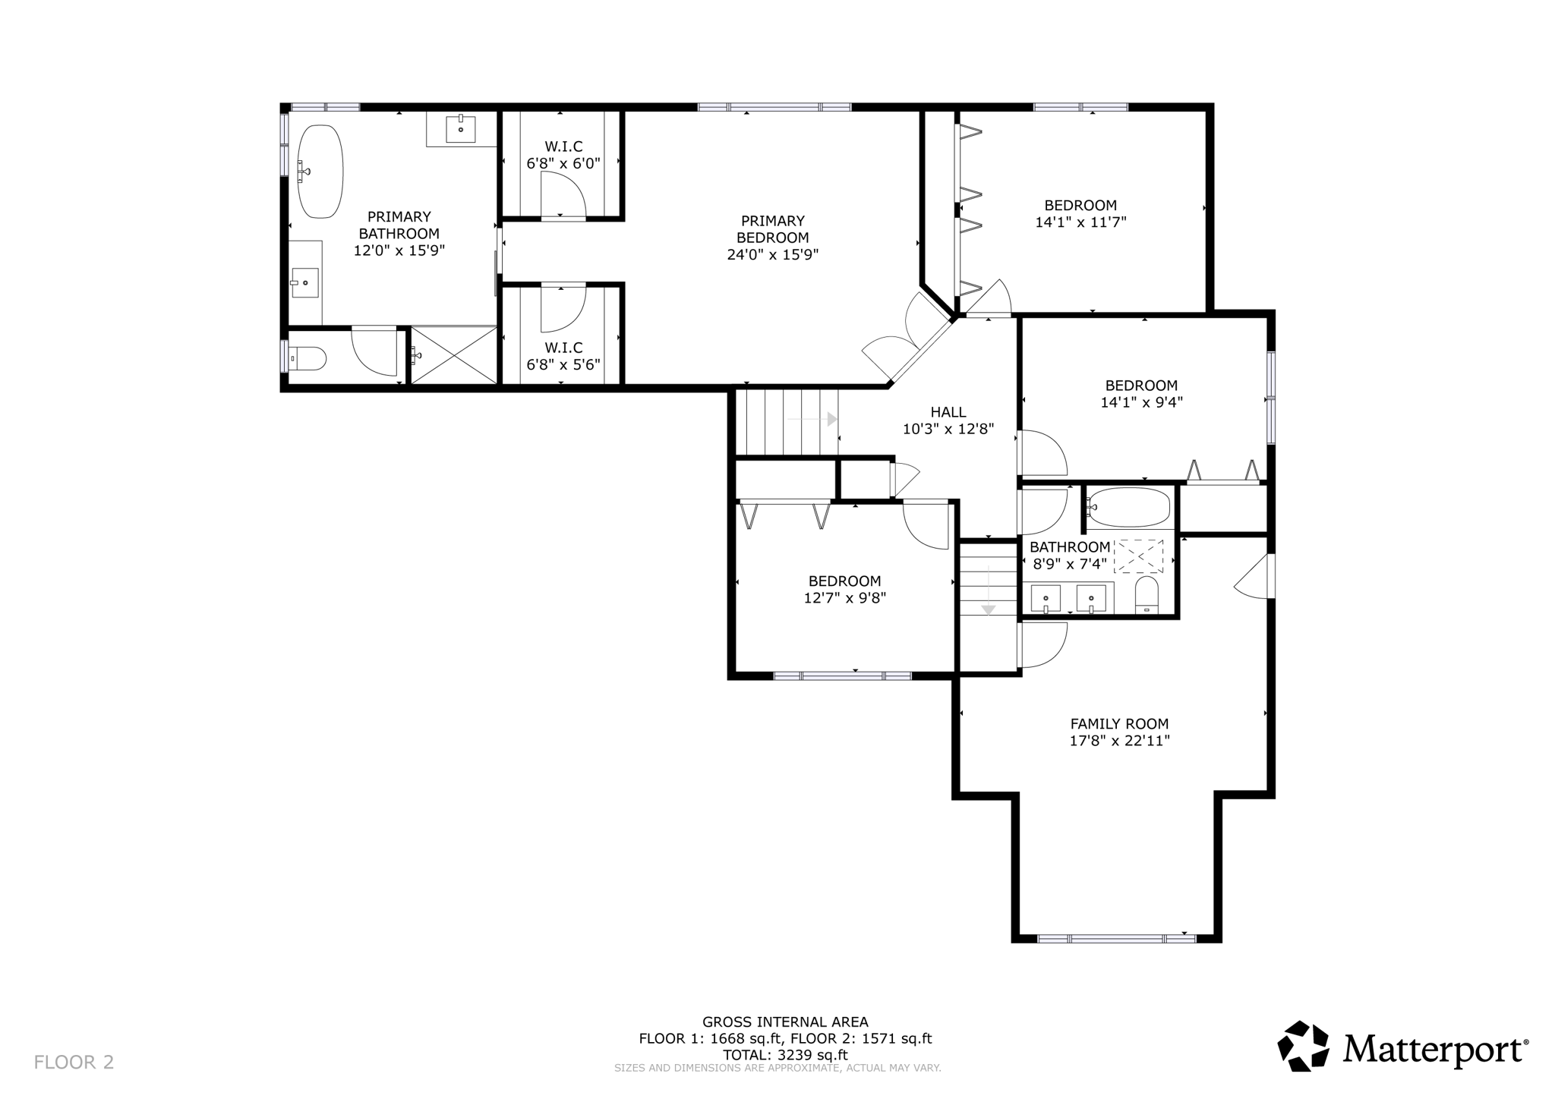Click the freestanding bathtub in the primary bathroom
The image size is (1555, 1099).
320,172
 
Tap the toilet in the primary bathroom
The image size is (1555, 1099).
310,357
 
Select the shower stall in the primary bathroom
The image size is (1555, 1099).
454,354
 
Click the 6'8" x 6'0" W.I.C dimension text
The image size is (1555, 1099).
563,163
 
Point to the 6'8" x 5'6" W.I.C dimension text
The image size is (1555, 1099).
563,364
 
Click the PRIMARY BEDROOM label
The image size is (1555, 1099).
772,229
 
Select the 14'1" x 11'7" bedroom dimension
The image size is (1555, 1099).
1080,222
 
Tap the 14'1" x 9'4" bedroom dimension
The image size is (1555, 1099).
1141,402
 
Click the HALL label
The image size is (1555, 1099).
948,412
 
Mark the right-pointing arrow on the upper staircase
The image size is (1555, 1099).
832,419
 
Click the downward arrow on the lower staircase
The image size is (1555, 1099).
988,609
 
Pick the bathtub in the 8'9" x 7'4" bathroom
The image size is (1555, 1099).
1128,507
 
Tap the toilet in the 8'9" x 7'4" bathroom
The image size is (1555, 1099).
1147,594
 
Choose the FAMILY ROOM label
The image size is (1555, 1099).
1119,724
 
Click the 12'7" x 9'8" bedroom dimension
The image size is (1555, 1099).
844,598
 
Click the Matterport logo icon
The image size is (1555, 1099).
1303,1046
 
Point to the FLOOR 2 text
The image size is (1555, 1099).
74,1062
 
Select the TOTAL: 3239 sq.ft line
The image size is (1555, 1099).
785,1055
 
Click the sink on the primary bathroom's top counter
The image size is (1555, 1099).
461,128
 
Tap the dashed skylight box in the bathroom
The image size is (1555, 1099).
1138,556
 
